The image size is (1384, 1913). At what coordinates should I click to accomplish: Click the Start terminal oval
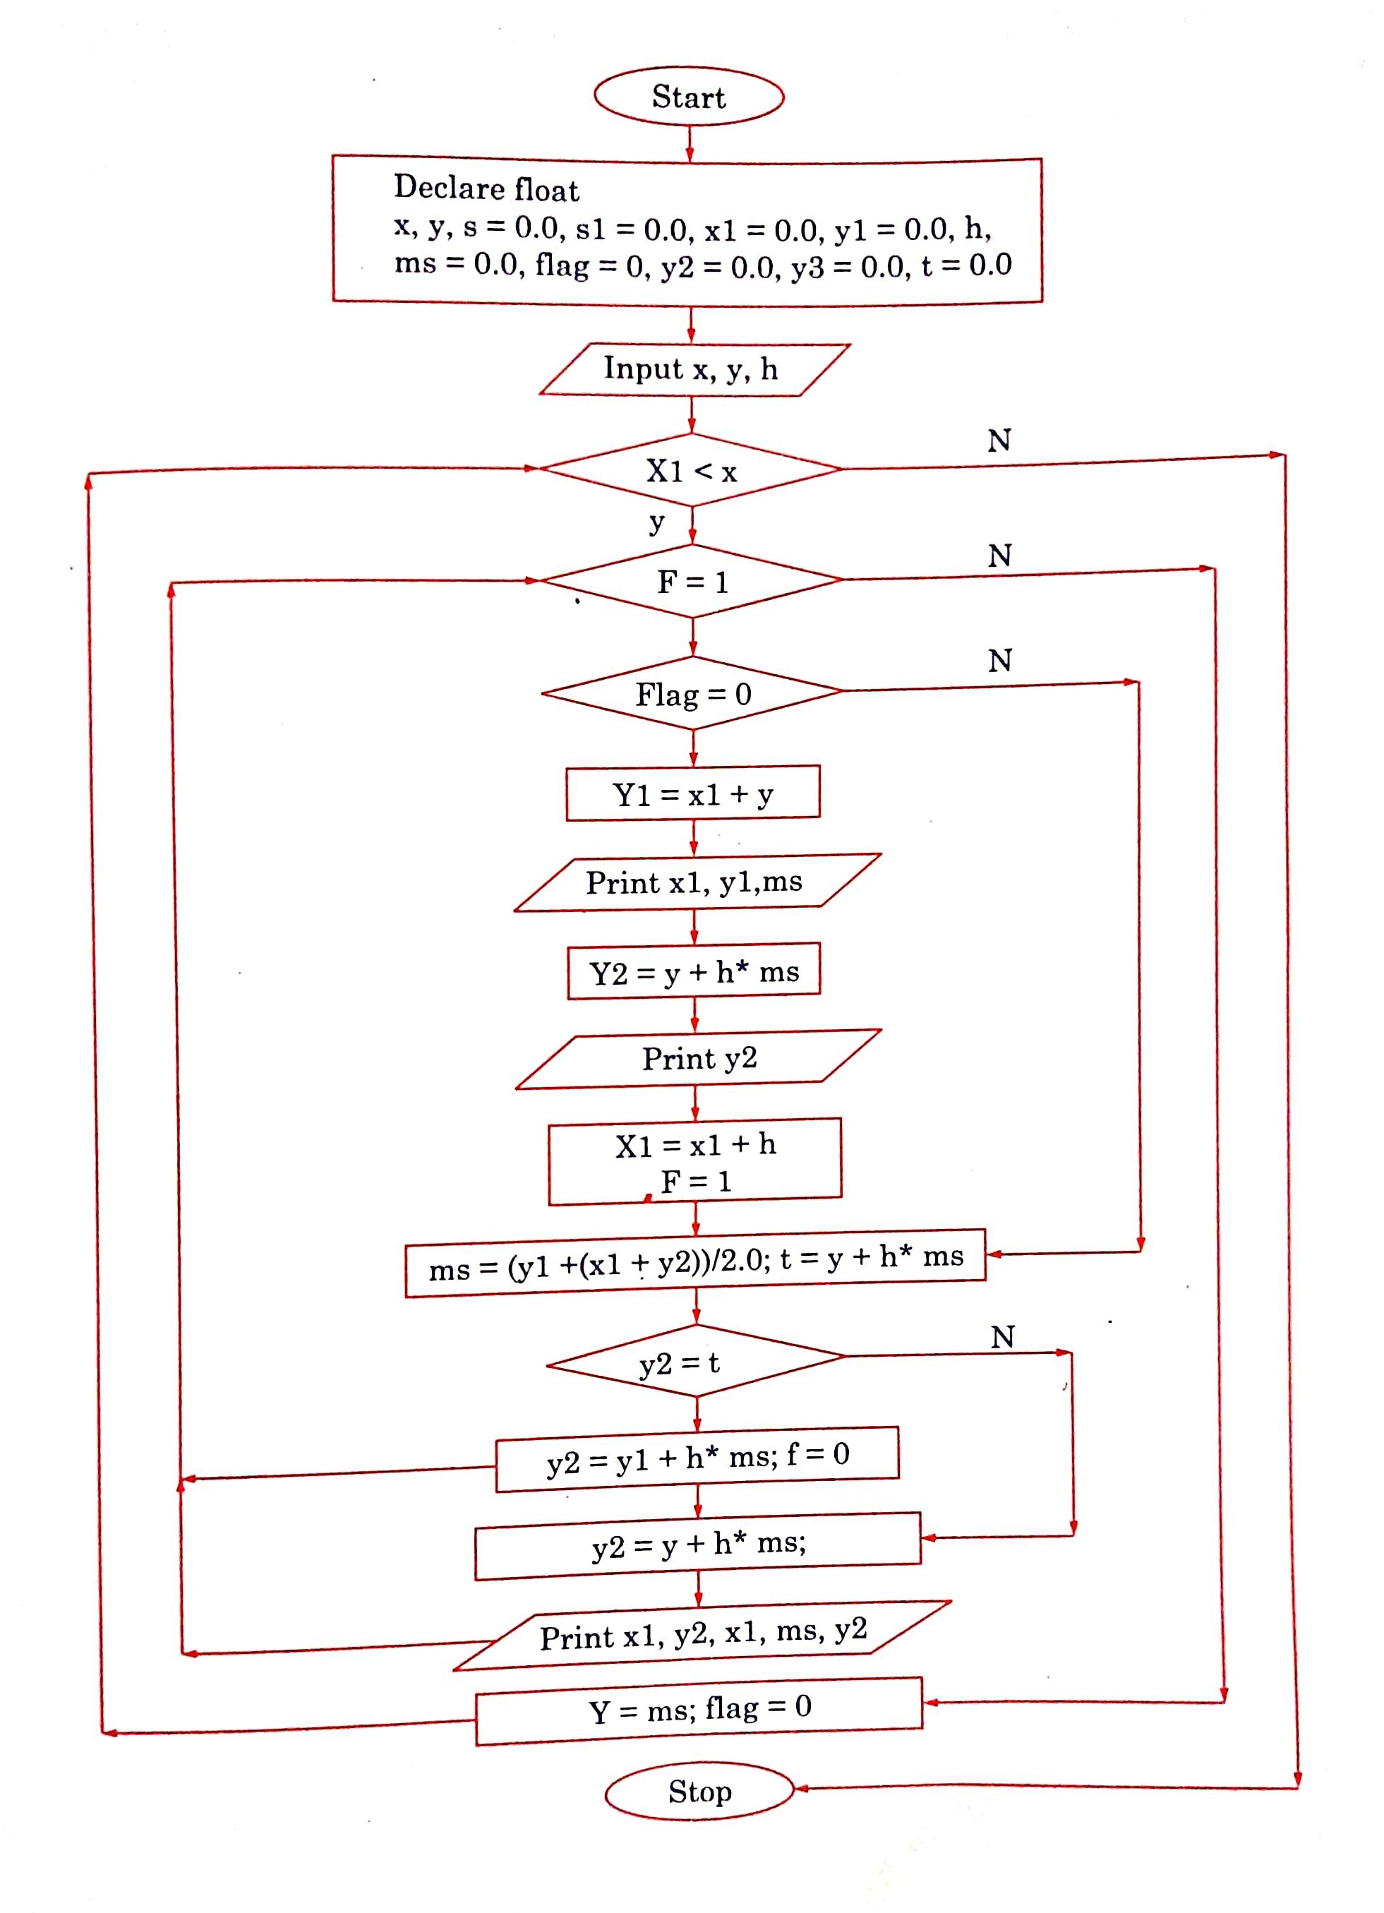pos(689,97)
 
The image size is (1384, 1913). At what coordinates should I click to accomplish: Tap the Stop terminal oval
pos(699,1791)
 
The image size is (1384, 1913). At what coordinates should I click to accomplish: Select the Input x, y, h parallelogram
pos(693,369)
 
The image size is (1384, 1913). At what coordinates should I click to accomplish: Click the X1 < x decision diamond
pos(692,470)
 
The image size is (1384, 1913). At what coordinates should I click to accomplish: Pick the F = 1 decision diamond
pos(692,581)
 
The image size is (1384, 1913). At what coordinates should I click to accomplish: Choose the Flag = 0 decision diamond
pos(692,693)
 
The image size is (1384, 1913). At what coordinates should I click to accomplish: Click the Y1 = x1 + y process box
pos(692,793)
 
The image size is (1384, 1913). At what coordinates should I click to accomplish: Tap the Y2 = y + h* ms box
pos(693,972)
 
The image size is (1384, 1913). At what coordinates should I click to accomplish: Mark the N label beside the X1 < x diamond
pos(999,440)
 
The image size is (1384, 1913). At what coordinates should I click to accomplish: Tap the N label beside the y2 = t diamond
pos(1002,1337)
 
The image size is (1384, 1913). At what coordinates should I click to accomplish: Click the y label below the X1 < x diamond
pos(656,523)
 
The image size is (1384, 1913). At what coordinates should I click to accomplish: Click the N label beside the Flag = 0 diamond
pos(999,661)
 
